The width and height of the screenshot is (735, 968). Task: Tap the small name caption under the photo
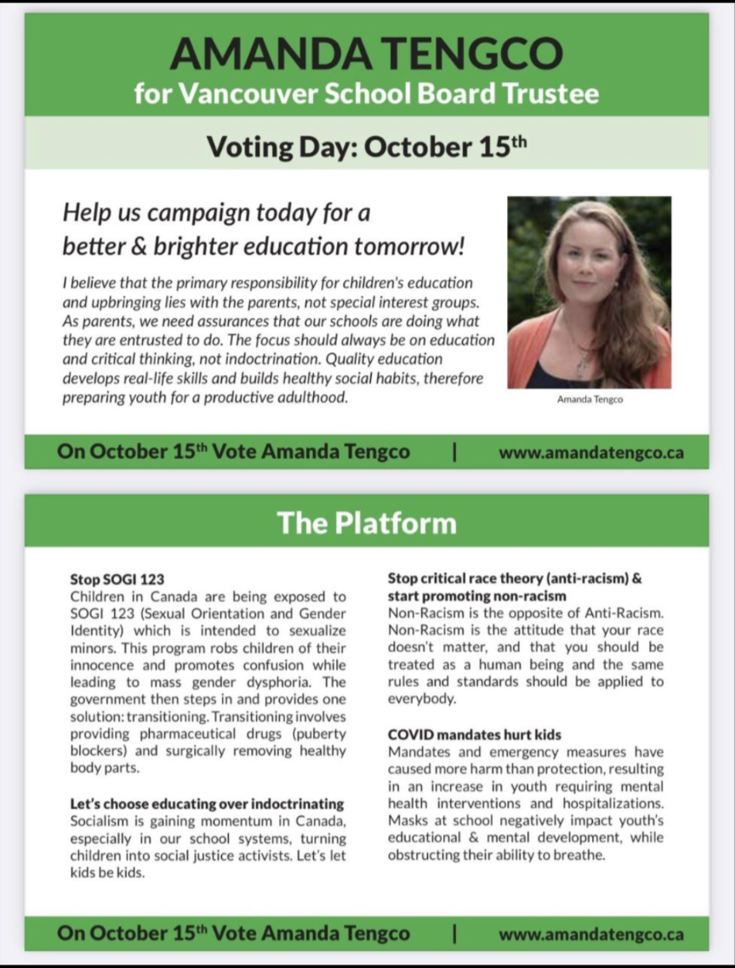tap(589, 400)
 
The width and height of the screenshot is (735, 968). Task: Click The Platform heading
tap(367, 522)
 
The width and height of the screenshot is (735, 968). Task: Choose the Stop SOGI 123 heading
tap(117, 579)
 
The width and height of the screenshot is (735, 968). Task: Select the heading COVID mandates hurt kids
tap(475, 735)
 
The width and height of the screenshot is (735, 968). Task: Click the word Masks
tap(408, 821)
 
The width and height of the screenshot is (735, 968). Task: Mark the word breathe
tap(581, 855)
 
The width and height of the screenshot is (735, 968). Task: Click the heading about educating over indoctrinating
tap(207, 803)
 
